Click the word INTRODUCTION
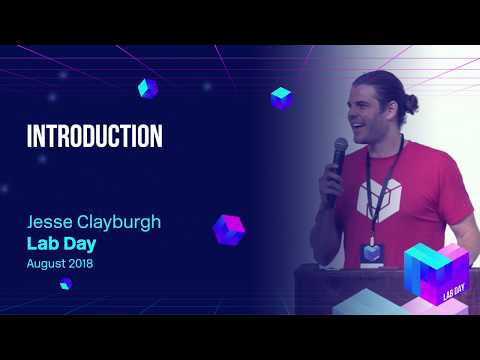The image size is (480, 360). [94, 136]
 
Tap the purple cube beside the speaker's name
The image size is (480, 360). [229, 229]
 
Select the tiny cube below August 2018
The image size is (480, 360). [65, 284]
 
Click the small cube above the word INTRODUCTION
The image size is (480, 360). [148, 88]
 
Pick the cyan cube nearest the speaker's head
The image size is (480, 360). [281, 97]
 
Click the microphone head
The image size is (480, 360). [340, 148]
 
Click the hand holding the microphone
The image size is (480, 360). [331, 182]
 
